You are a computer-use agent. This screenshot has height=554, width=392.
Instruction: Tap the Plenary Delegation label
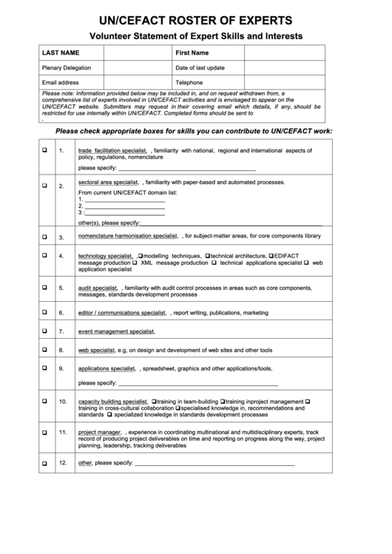click(67, 68)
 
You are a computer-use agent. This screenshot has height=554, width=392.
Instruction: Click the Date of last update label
click(200, 68)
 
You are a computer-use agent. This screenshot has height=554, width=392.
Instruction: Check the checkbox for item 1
click(45, 149)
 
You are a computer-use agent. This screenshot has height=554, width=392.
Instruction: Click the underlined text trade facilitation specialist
click(113, 150)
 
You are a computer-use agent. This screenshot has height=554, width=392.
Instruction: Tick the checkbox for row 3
click(45, 237)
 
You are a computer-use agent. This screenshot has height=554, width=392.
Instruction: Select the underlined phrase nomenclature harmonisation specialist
click(128, 236)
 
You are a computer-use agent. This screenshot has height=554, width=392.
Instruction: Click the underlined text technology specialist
click(106, 256)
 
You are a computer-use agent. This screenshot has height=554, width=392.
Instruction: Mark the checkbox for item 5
click(45, 287)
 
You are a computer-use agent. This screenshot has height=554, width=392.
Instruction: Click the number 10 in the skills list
click(63, 401)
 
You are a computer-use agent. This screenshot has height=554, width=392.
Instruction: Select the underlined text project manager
click(100, 432)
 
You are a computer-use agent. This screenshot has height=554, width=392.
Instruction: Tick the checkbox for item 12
click(45, 463)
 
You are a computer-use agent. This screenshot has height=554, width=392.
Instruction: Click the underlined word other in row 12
click(85, 463)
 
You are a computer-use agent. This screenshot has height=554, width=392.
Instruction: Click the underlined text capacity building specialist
click(114, 401)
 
